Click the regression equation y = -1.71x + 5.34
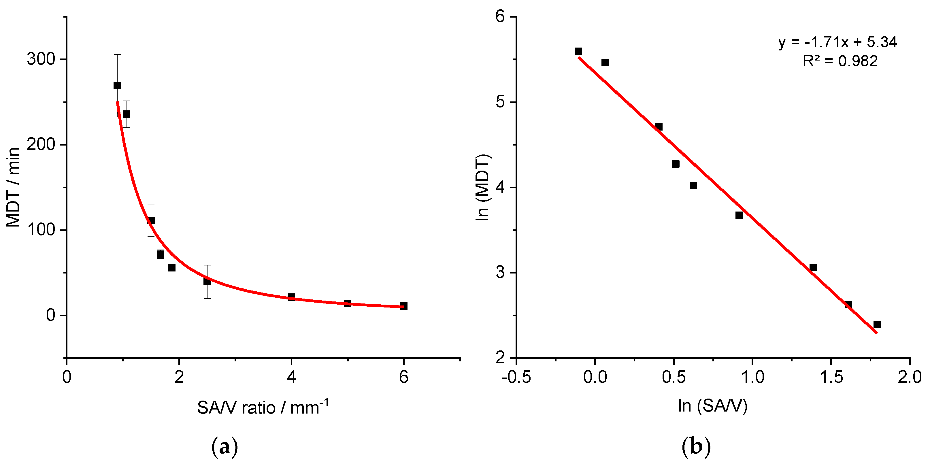click(x=837, y=43)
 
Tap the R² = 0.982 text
click(x=840, y=61)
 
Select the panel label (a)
click(x=224, y=447)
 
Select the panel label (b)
click(x=696, y=447)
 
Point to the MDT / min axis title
click(x=13, y=187)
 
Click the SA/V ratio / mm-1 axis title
click(x=263, y=407)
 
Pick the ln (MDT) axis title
click(x=483, y=187)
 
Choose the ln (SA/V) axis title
click(x=713, y=406)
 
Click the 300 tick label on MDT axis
click(x=41, y=59)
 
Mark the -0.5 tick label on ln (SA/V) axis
click(x=516, y=377)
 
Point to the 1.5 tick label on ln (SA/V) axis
click(x=831, y=377)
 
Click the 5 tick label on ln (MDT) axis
click(x=500, y=102)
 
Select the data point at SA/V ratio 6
click(x=404, y=306)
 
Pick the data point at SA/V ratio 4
click(x=291, y=297)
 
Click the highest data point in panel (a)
click(x=117, y=86)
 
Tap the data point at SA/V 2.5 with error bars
click(x=207, y=282)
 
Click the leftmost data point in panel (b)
click(x=578, y=51)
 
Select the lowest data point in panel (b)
click(x=877, y=324)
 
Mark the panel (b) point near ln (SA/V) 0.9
click(x=739, y=215)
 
